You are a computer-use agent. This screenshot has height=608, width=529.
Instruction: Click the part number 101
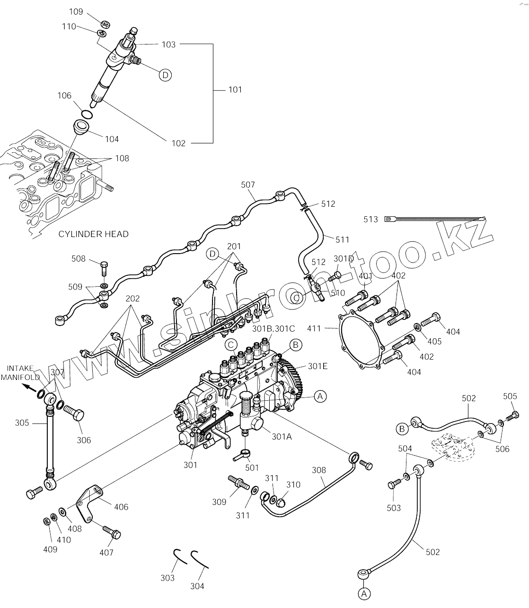click(x=235, y=89)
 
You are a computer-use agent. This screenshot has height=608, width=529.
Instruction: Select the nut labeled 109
click(x=106, y=24)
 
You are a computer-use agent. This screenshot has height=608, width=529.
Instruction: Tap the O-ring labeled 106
click(x=87, y=114)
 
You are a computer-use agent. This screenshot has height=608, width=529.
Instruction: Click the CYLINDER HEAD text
click(x=93, y=234)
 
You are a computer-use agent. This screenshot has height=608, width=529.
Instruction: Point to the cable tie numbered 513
click(x=435, y=219)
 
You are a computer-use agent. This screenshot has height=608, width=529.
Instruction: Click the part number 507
click(x=248, y=185)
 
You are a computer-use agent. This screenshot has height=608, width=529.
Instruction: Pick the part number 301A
click(x=282, y=436)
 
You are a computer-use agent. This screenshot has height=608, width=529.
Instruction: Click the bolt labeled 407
click(x=112, y=532)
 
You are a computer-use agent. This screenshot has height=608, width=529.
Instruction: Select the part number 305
click(x=22, y=423)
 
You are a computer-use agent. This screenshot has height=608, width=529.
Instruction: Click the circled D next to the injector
click(x=165, y=75)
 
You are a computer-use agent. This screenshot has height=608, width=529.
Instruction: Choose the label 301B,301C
click(x=273, y=328)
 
